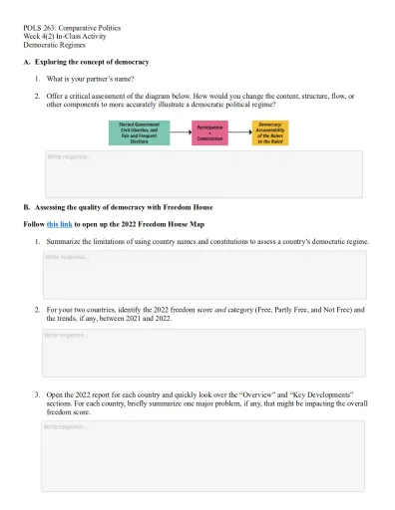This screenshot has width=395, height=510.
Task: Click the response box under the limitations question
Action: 201,271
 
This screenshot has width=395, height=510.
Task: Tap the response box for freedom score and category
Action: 201,349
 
